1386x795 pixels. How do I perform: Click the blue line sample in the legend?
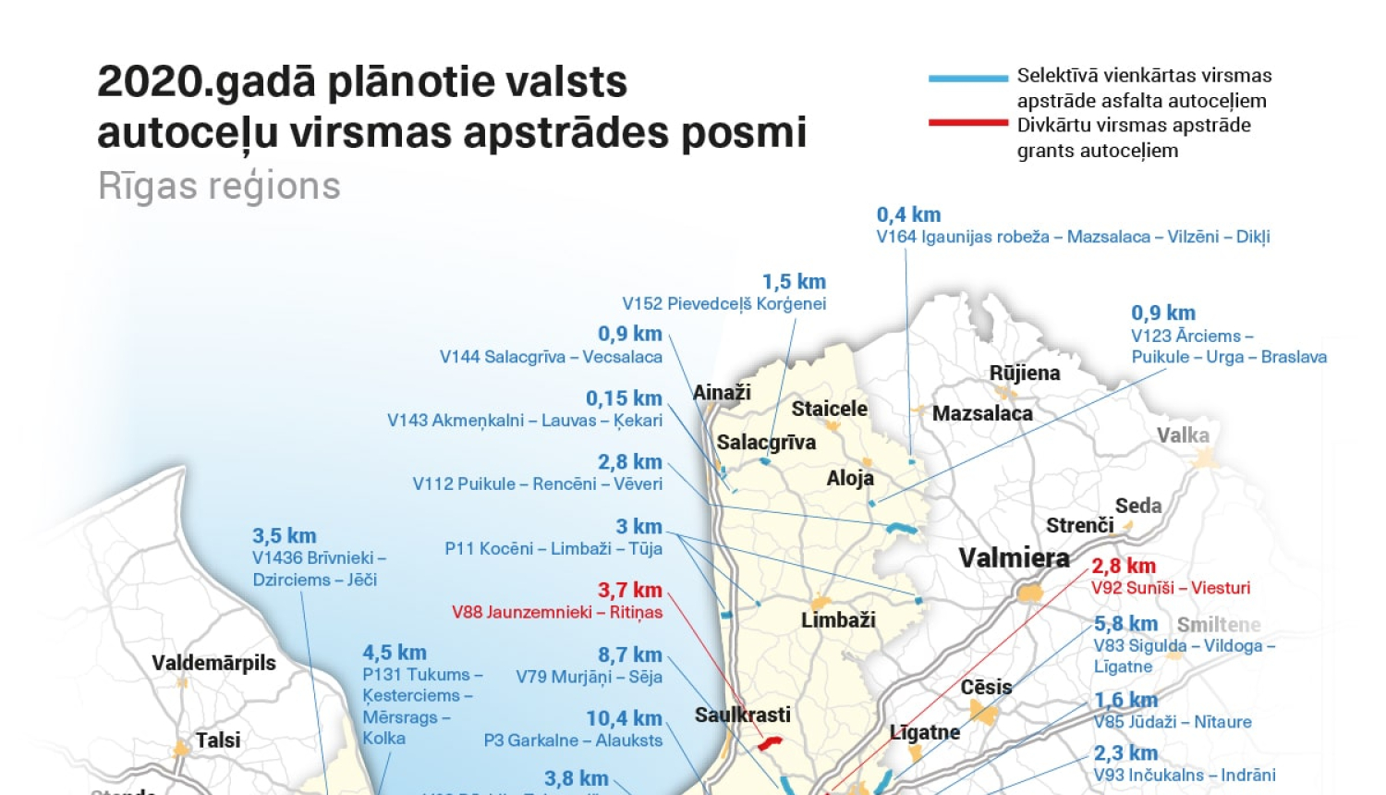pyautogui.click(x=967, y=79)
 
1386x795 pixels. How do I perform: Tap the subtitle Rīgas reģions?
pyautogui.click(x=219, y=186)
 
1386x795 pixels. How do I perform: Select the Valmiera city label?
pyautogui.click(x=1014, y=557)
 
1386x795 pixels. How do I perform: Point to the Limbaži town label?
pyautogui.click(x=838, y=619)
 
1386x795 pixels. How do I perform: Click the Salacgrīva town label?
pyautogui.click(x=766, y=442)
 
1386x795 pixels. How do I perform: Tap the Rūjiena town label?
pyautogui.click(x=1025, y=373)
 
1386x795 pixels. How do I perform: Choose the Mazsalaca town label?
pyautogui.click(x=982, y=413)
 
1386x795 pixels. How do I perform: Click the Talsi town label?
pyautogui.click(x=218, y=740)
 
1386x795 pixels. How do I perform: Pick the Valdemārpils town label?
pyautogui.click(x=213, y=663)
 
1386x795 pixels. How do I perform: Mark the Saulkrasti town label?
pyautogui.click(x=743, y=715)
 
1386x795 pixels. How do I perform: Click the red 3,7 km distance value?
pyautogui.click(x=630, y=590)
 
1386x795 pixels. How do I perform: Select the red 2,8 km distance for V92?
pyautogui.click(x=1124, y=566)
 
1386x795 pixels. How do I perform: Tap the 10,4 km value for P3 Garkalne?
pyautogui.click(x=624, y=718)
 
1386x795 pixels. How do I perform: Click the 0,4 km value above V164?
pyautogui.click(x=908, y=215)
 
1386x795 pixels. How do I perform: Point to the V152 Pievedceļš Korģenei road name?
pyautogui.click(x=723, y=304)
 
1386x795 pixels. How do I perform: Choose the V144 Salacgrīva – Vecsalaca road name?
pyautogui.click(x=551, y=357)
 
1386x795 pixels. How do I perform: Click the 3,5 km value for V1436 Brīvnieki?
pyautogui.click(x=284, y=536)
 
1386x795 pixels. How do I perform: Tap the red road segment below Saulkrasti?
pyautogui.click(x=770, y=741)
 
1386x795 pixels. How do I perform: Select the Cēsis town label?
pyautogui.click(x=986, y=687)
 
